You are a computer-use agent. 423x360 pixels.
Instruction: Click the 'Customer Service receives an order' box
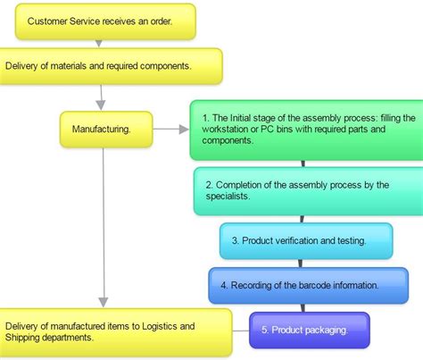click(x=105, y=21)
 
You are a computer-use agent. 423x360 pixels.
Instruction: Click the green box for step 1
click(x=306, y=130)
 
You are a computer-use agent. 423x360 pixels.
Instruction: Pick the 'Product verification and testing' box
click(x=305, y=241)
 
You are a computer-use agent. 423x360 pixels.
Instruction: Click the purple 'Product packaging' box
click(x=309, y=330)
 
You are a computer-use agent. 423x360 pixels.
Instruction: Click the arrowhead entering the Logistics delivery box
click(x=104, y=301)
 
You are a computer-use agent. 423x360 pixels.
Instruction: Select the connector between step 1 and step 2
click(x=303, y=163)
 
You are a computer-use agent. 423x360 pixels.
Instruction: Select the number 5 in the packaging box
click(x=264, y=331)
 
